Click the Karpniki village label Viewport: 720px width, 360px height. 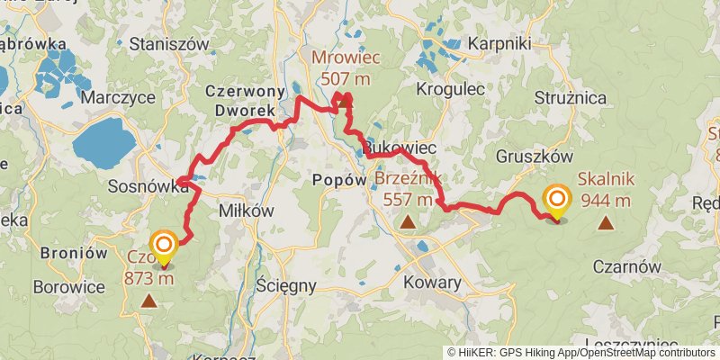tap(500, 43)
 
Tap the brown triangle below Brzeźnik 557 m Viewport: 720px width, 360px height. tap(408, 220)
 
